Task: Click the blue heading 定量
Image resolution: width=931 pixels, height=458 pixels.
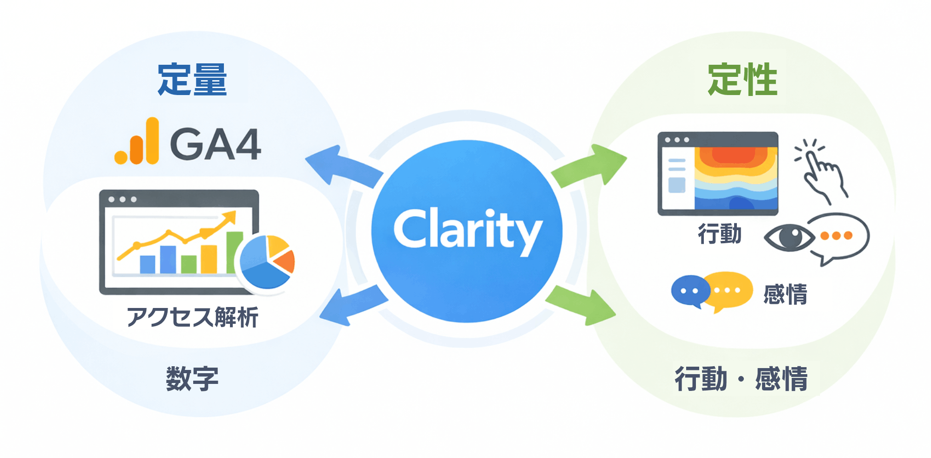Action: click(192, 80)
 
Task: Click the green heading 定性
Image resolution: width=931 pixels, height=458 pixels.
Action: click(742, 80)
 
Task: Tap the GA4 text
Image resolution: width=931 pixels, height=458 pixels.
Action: click(216, 144)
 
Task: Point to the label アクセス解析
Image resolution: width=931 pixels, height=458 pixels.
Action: click(192, 317)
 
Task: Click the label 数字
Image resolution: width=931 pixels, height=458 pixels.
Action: click(192, 378)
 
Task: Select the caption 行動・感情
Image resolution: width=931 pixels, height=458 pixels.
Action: click(741, 378)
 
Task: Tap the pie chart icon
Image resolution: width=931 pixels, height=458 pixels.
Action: click(267, 262)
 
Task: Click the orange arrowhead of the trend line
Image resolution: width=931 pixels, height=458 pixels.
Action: click(229, 218)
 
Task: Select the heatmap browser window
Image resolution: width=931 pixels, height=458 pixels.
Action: click(717, 173)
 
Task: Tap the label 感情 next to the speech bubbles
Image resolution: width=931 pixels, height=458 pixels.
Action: click(785, 294)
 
